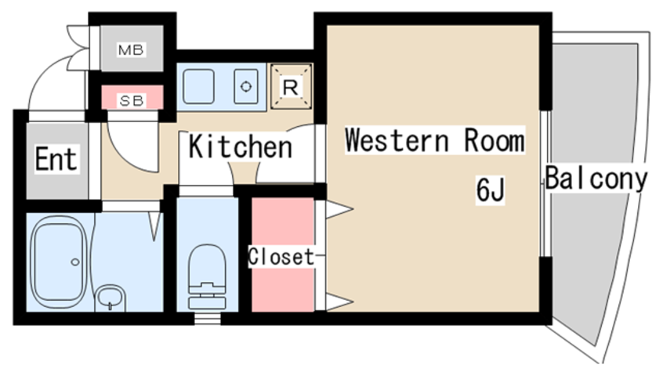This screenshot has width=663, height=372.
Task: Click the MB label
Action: (x=131, y=50)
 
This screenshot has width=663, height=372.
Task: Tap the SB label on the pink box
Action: (x=132, y=101)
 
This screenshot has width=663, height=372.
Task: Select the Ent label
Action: (x=56, y=159)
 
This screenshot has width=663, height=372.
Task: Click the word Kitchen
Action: (x=240, y=146)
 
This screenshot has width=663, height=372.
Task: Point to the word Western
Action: (x=397, y=140)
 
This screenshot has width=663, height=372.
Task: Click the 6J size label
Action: (x=491, y=190)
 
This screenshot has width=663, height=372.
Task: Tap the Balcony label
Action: (x=596, y=178)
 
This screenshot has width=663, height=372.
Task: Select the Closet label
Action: (x=281, y=257)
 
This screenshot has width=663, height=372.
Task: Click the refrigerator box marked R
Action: (x=291, y=87)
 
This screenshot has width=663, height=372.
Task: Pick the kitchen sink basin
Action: (x=198, y=87)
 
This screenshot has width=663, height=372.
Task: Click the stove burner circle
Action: (x=245, y=87)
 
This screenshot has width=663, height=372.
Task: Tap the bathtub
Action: (x=60, y=262)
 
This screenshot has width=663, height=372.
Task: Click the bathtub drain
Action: (x=75, y=262)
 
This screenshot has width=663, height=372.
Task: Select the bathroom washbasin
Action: (x=110, y=297)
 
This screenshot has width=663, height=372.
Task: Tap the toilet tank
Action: (x=207, y=299)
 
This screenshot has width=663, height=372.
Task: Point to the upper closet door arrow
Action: (x=339, y=209)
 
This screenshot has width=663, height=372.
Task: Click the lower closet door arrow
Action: (x=339, y=302)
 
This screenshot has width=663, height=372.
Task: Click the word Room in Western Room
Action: (x=495, y=140)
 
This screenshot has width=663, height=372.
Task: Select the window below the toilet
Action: (x=208, y=318)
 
